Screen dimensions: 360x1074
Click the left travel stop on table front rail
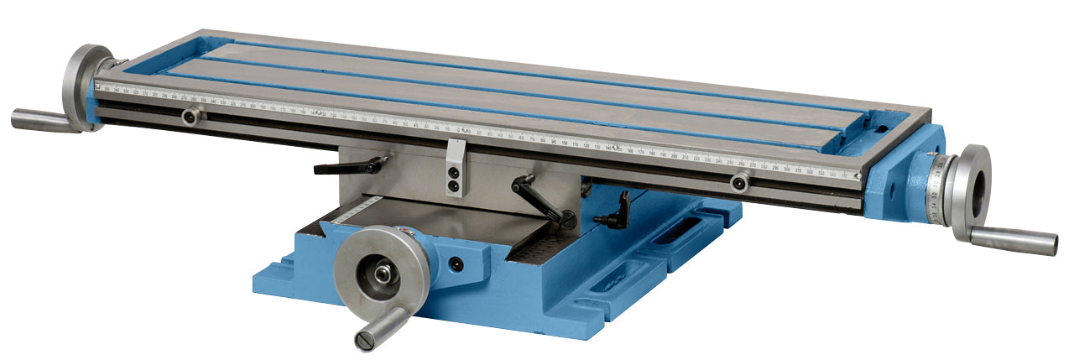click(190, 117)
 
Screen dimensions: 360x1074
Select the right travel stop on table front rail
click(739, 182)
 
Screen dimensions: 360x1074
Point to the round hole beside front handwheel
click(456, 264)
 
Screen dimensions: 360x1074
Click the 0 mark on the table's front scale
click(460, 131)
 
